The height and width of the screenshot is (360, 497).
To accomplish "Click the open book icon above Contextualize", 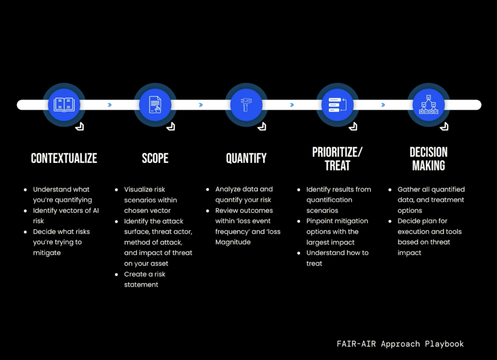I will click(x=64, y=105).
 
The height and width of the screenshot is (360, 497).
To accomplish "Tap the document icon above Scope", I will click(x=155, y=105).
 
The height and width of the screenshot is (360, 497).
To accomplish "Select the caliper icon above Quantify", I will click(x=246, y=105).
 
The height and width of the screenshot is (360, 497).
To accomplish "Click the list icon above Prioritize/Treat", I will click(x=337, y=105).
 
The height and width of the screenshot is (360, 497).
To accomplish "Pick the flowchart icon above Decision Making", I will click(x=429, y=105).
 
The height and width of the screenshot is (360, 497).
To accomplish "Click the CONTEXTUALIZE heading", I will click(x=64, y=158).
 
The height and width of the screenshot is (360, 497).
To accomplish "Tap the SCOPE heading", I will click(x=155, y=158).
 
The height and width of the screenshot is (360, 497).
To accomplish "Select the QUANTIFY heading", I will click(x=246, y=158).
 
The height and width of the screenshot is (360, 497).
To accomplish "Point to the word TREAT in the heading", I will click(x=337, y=165).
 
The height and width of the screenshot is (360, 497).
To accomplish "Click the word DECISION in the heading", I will click(x=429, y=152).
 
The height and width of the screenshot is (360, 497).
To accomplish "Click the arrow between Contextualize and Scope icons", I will click(x=110, y=105).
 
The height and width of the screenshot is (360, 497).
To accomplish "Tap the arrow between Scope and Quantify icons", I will click(x=200, y=105).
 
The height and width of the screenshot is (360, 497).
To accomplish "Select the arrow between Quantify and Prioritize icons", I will click(x=292, y=105).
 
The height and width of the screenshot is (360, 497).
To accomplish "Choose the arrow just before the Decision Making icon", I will click(x=383, y=105).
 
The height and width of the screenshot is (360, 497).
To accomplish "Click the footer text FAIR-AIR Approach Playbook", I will click(x=400, y=344).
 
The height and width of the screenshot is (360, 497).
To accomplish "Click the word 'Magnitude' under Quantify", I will click(x=233, y=242).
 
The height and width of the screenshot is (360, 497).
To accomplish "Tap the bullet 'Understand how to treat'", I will click(x=337, y=258).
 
